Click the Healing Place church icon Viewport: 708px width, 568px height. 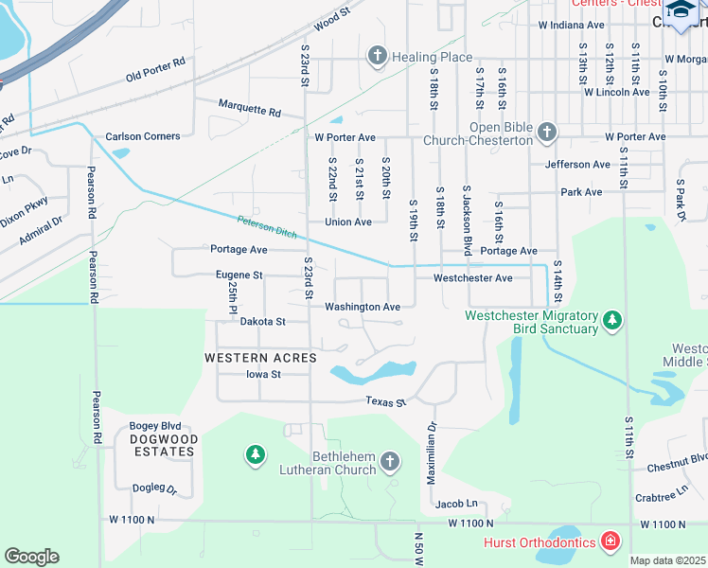click(x=377, y=57)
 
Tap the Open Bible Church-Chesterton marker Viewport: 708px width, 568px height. click(x=546, y=133)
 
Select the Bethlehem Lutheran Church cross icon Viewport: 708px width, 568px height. click(x=391, y=462)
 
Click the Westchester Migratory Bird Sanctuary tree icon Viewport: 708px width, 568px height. click(x=612, y=321)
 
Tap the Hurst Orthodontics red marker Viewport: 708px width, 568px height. click(x=611, y=541)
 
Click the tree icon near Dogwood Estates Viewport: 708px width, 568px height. click(x=254, y=455)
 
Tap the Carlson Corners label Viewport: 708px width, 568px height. click(x=143, y=136)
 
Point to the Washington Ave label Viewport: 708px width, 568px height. click(x=362, y=308)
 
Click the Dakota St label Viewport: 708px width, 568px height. click(x=262, y=322)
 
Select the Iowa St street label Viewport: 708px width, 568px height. click(x=263, y=374)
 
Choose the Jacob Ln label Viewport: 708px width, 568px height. click(x=457, y=504)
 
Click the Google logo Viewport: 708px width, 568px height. click(x=31, y=557)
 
